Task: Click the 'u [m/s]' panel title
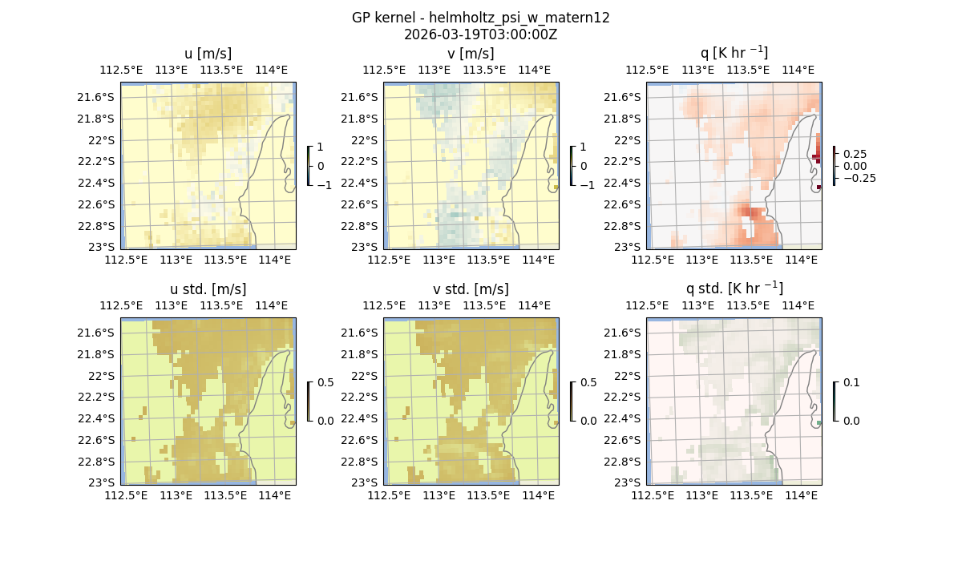click(x=208, y=54)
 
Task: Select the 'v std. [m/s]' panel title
click(x=471, y=289)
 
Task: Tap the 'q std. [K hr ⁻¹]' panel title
click(x=734, y=289)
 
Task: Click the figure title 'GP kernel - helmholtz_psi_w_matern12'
click(x=481, y=18)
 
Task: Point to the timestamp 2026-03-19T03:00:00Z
click(x=481, y=34)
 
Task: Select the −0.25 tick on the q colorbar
click(x=859, y=178)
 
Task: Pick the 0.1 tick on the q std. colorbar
click(x=850, y=382)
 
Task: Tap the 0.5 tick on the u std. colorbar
click(x=326, y=382)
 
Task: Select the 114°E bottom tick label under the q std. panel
click(x=799, y=496)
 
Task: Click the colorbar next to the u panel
click(x=309, y=166)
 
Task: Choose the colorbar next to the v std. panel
click(x=572, y=402)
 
